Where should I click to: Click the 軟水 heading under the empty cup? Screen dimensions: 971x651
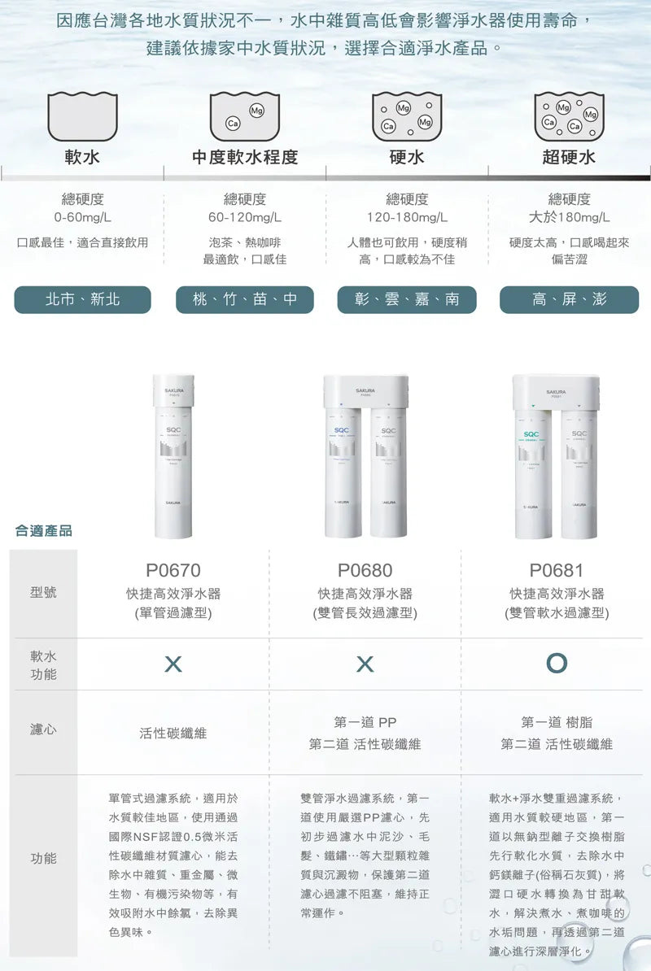pos(82,157)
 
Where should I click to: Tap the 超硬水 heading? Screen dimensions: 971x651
pos(569,157)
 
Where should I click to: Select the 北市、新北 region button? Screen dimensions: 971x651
pos(82,299)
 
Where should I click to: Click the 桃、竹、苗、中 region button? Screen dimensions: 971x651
pos(245,299)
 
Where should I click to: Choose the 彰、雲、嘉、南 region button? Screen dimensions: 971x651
pos(407,299)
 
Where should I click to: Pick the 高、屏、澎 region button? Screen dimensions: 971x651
pos(569,299)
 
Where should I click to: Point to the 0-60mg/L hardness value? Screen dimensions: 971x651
pos(82,218)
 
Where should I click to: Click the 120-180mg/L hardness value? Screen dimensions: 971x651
pos(407,218)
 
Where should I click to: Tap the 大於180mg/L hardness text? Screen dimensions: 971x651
pos(569,218)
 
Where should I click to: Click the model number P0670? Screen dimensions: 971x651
pos(173,571)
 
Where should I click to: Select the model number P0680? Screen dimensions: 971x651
pos(365,571)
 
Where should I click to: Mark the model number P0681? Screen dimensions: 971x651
pos(557,571)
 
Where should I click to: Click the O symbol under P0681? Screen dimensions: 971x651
pos(557,664)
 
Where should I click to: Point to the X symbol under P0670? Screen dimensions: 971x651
pos(173,664)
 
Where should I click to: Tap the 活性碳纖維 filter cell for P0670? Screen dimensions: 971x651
pos(173,733)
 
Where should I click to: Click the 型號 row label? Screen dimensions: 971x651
pos(44,592)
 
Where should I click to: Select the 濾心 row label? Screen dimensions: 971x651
pos(44,729)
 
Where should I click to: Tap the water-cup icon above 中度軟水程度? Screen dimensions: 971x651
pos(245,116)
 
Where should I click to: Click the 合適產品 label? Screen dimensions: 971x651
pos(44,530)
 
